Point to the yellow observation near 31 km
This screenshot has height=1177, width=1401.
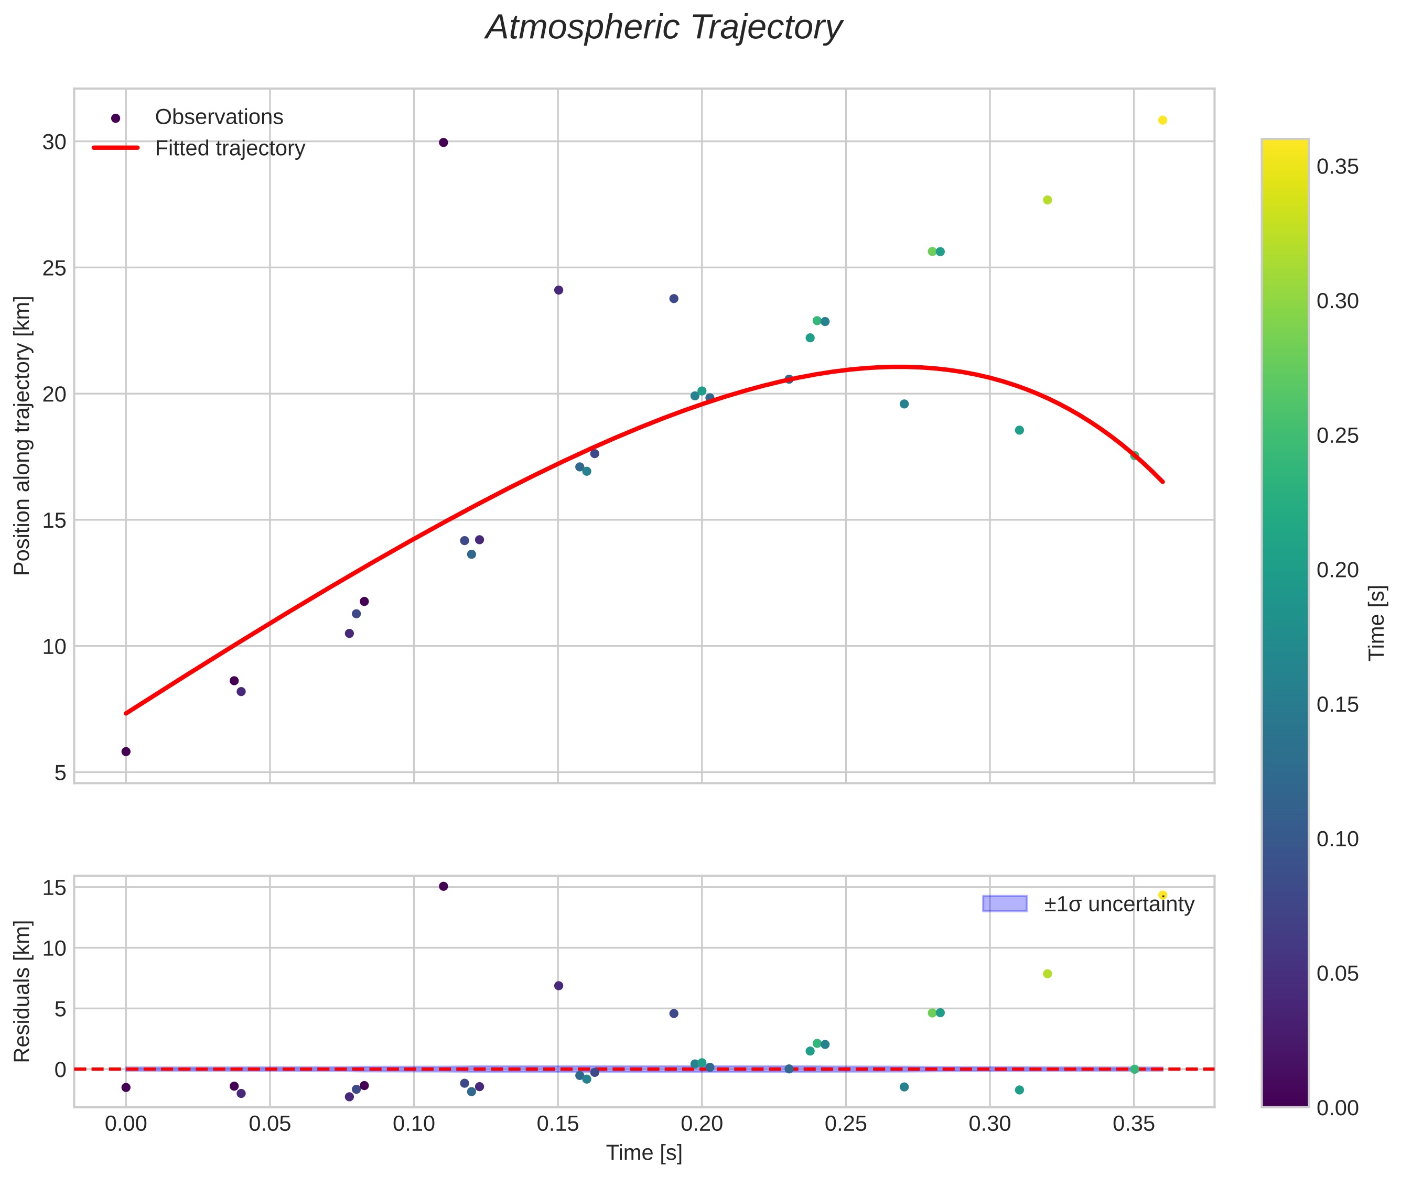[x=1162, y=120]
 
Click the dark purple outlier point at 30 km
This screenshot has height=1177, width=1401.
[x=443, y=142]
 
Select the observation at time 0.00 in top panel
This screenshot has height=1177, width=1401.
[x=125, y=751]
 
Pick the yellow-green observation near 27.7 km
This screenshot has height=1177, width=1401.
[x=1047, y=200]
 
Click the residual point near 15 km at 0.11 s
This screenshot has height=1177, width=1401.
[x=443, y=886]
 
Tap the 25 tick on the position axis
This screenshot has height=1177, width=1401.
[x=55, y=268]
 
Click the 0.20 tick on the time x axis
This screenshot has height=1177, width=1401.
[x=702, y=1124]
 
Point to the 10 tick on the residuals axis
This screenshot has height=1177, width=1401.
[x=55, y=948]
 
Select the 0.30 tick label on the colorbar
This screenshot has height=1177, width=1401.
[x=1337, y=301]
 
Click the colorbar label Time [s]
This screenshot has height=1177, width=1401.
[x=1377, y=623]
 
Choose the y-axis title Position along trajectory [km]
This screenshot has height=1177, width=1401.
[x=22, y=435]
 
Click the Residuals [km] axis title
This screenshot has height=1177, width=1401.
[x=22, y=991]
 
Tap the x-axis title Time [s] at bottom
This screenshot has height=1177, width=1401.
[x=644, y=1153]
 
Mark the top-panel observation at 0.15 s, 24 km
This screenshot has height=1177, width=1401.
[x=558, y=290]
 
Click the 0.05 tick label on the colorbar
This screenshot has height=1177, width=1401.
[x=1337, y=974]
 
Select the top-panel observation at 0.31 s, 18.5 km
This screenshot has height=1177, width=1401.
[x=1019, y=430]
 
